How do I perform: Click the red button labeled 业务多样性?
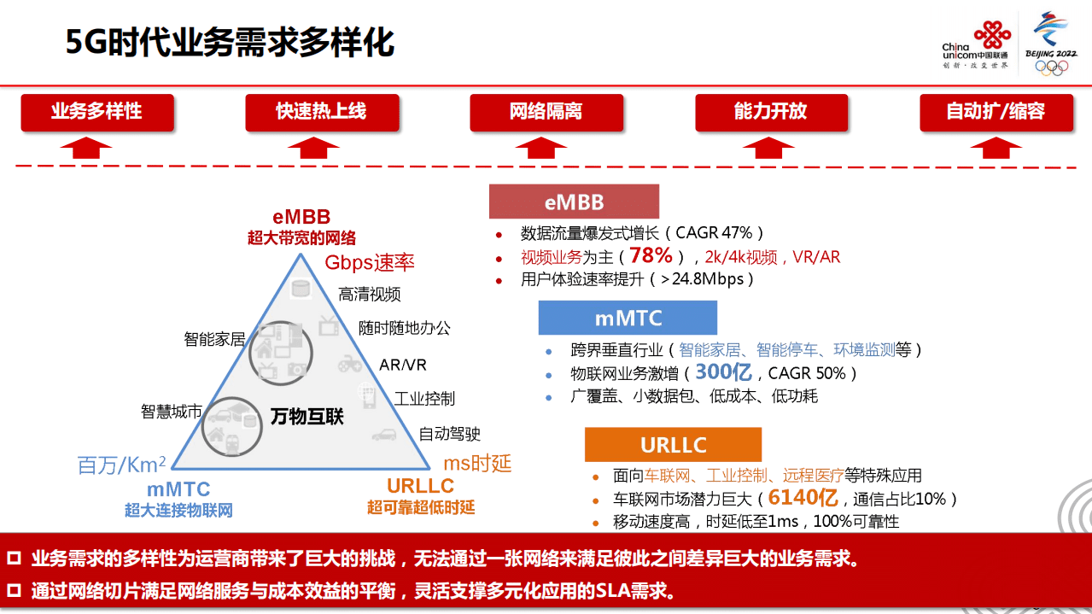point(96,112)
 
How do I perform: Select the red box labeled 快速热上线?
point(321,112)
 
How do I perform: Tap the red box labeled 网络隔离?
point(546,112)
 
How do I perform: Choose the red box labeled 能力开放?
point(770,112)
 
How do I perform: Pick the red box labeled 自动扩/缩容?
point(996,112)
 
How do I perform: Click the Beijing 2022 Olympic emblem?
point(1050,44)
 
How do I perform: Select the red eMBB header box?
point(574,202)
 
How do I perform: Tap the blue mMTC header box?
point(628,318)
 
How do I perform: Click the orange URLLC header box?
point(673,445)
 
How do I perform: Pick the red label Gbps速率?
point(369,262)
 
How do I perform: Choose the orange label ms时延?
point(477,463)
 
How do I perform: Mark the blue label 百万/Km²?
point(121,465)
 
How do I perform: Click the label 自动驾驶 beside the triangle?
point(449,435)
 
